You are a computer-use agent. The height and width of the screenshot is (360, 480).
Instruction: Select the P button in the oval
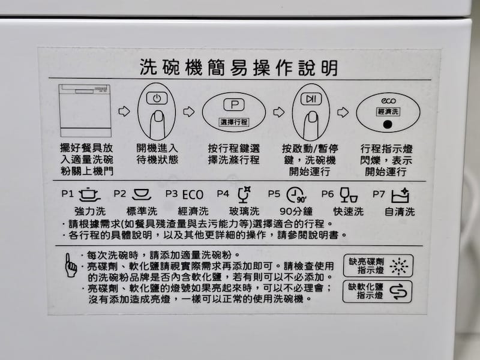[x=234, y=104]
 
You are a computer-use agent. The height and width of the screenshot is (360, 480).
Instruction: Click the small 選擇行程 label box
[x=234, y=122]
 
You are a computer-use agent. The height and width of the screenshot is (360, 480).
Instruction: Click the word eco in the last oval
[x=386, y=101]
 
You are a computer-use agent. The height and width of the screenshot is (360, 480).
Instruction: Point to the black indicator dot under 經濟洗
[x=386, y=125]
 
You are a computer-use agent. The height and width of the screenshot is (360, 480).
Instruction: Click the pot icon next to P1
[x=89, y=194]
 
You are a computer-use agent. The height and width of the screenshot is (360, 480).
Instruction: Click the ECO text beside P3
[x=193, y=194]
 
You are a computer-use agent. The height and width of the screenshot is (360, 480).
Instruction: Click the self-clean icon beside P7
[x=400, y=194]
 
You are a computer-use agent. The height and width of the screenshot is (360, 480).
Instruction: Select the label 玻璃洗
[x=245, y=212]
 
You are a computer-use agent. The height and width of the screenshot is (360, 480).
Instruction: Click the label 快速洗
[x=349, y=212]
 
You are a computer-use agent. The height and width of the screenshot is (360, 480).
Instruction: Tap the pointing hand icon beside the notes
[x=71, y=264]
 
